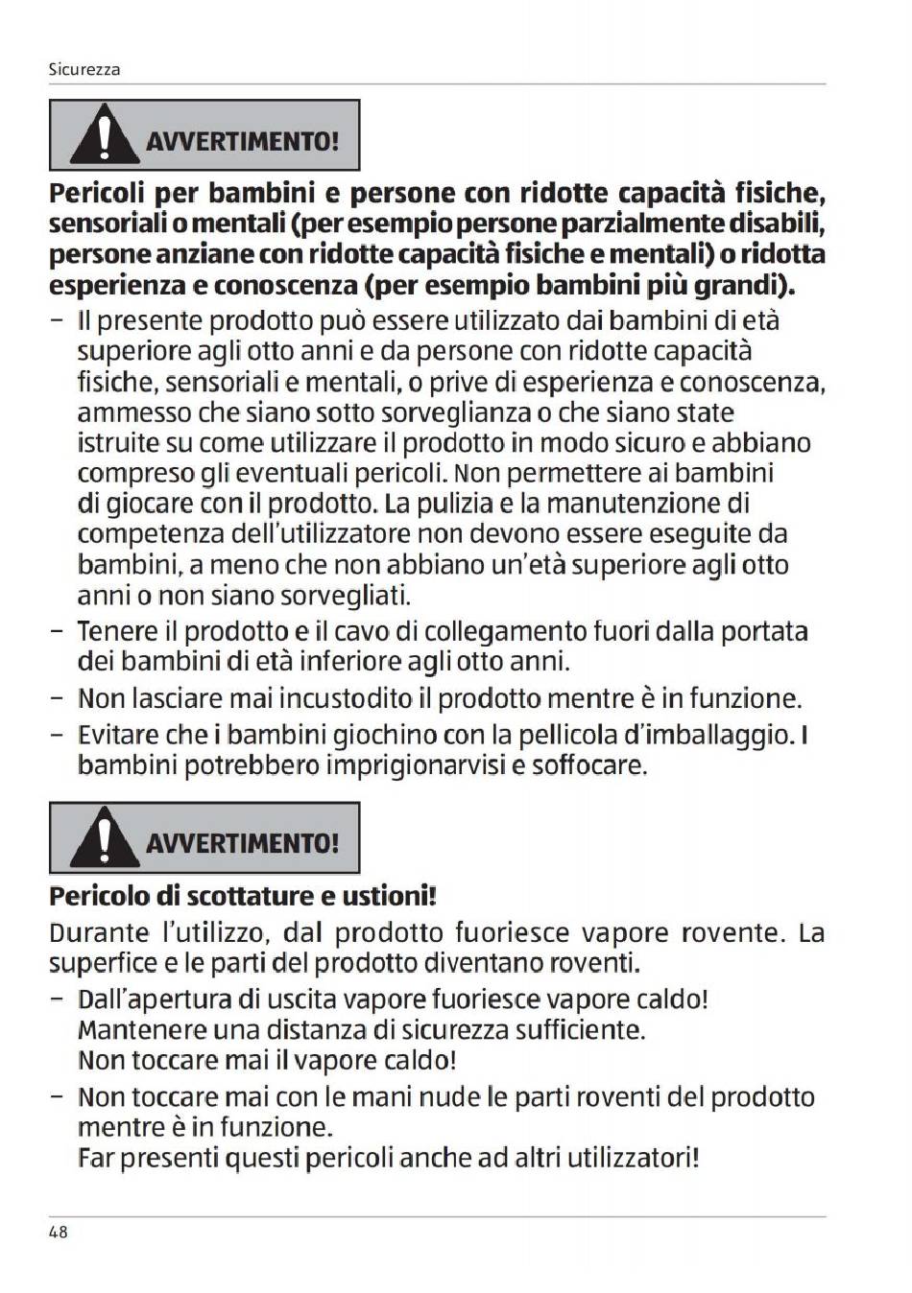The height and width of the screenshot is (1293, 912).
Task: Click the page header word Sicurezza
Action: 84,70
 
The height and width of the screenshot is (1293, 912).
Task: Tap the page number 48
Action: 58,1232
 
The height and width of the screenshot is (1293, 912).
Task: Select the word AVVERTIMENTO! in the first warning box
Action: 242,141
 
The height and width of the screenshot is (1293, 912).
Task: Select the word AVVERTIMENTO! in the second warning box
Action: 242,843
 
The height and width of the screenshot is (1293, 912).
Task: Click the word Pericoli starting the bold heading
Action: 97,194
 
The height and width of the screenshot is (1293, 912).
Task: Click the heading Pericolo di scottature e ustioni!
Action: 243,896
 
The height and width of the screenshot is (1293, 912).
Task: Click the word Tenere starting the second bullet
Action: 115,632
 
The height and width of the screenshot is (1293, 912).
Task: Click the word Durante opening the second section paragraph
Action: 99,932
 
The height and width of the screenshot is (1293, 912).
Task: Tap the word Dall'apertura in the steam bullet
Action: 155,999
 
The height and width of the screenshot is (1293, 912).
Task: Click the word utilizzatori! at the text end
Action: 634,1158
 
